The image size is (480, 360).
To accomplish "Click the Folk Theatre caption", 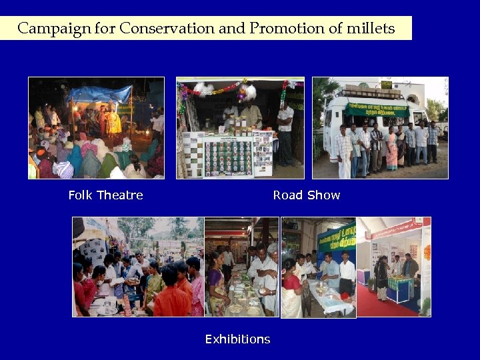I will [105, 195].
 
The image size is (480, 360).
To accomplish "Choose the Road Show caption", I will [306, 195].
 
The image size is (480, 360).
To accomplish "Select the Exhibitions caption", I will [237, 339].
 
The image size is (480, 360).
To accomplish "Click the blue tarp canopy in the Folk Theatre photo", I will [100, 93].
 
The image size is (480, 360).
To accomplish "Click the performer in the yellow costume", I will [115, 121].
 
